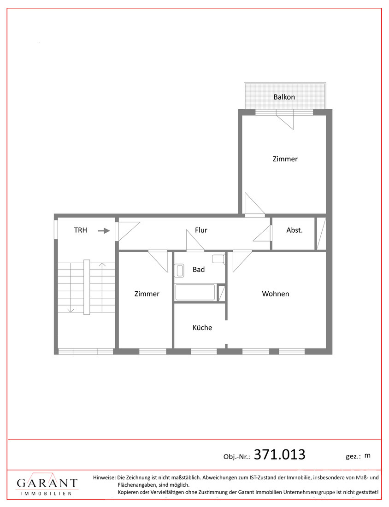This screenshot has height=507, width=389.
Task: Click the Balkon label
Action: click(284, 97)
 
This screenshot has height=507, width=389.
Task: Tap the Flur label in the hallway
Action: click(201, 230)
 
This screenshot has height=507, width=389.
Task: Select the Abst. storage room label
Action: click(294, 230)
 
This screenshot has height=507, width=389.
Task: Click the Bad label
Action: click(199, 269)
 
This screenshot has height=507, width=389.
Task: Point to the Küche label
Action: click(202, 328)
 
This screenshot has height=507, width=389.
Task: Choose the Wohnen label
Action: click(276, 294)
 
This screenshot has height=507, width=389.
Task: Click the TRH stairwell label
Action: click(81, 230)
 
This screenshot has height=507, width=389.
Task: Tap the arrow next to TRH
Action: click(104, 231)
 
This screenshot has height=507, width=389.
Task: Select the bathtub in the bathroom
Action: click(195, 292)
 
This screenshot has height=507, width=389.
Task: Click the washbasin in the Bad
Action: click(179, 271)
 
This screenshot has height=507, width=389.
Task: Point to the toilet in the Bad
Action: click(218, 259)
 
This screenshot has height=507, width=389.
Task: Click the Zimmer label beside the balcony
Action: click(285, 159)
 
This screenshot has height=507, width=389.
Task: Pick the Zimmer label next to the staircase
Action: click(147, 294)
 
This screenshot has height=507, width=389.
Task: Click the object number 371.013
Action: click(279, 454)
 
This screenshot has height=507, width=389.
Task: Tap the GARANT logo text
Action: click(47, 483)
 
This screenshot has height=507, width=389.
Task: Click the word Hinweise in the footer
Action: click(104, 477)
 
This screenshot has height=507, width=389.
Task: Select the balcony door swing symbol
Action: click(285, 120)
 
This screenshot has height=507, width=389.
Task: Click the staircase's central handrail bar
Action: click(87, 287)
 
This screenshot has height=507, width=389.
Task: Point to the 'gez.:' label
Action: click(353, 457)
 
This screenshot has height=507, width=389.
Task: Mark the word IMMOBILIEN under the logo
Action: click(46, 494)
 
